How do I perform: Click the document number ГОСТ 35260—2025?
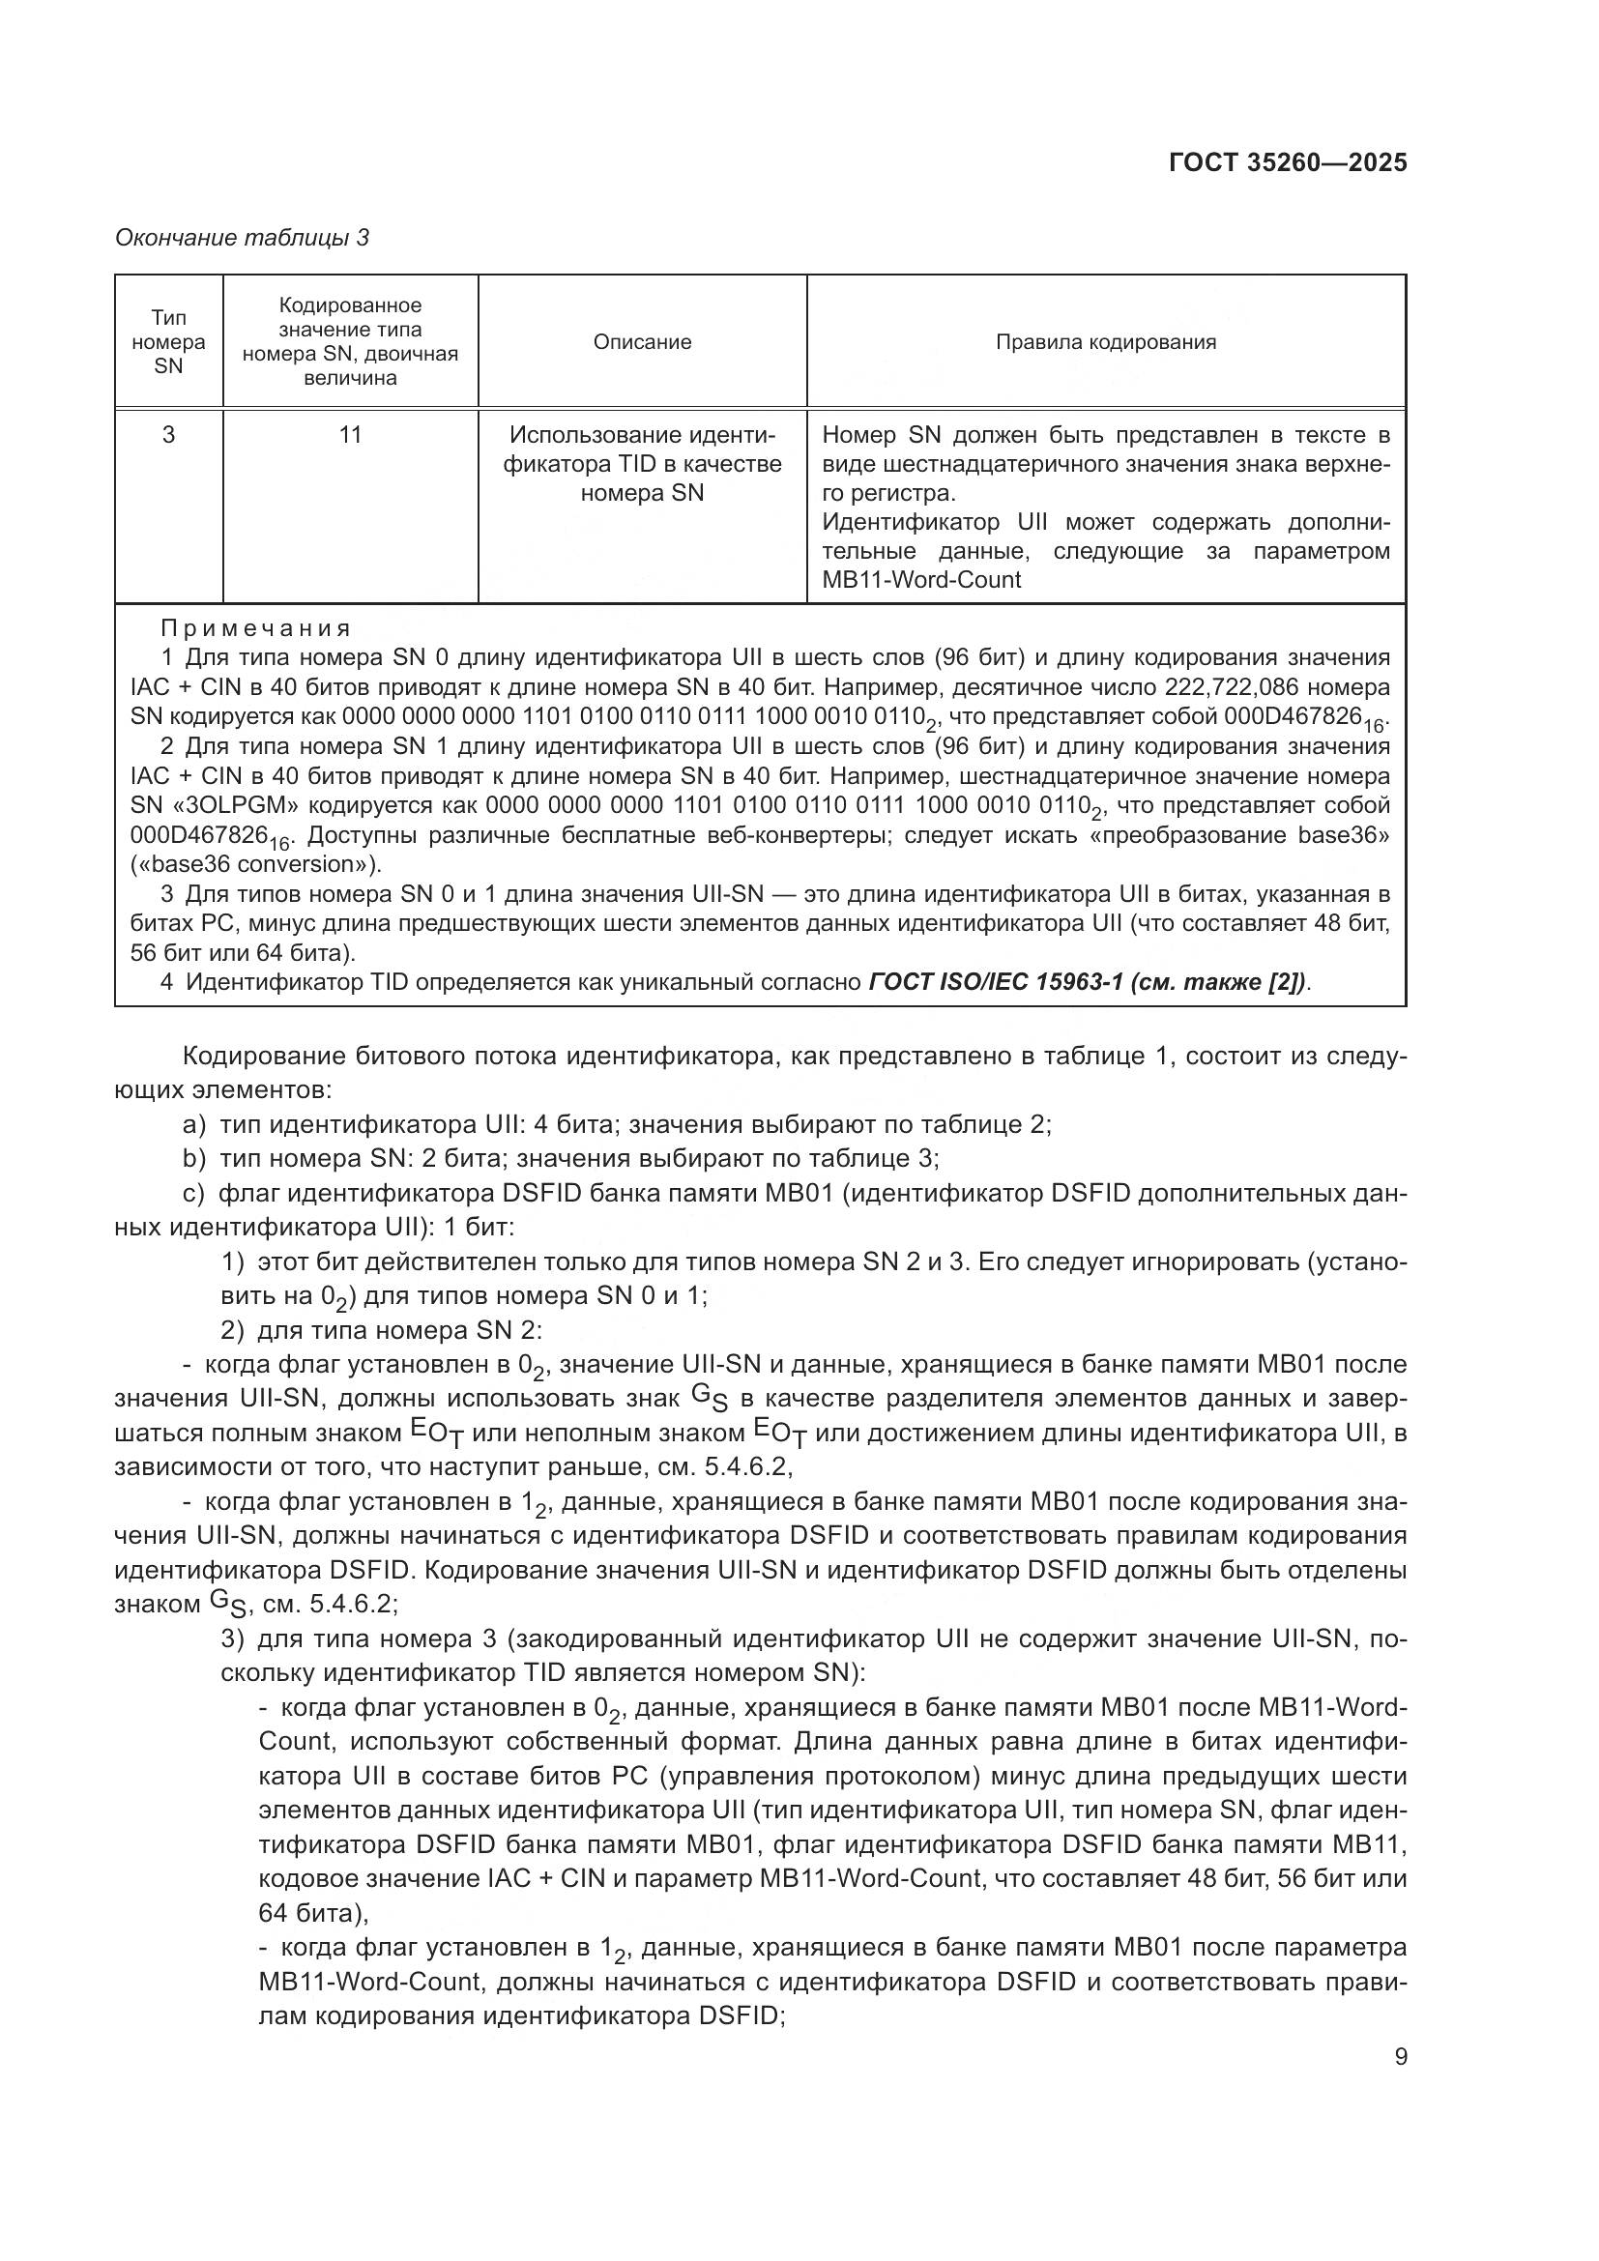(x=1287, y=162)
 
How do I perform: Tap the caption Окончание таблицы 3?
(x=243, y=238)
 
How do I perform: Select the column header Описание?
(x=642, y=341)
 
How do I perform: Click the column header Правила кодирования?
(x=1106, y=341)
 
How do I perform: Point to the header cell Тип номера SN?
(x=168, y=341)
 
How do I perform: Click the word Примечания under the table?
(x=256, y=628)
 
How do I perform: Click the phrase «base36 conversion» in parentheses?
(x=255, y=864)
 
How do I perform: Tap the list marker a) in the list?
(x=194, y=1124)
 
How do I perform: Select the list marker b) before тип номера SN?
(x=194, y=1158)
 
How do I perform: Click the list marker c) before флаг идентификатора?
(x=193, y=1194)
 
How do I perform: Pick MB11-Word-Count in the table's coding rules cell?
(x=920, y=580)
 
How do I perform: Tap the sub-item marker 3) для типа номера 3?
(x=232, y=1638)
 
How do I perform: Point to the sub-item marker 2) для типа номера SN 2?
(x=232, y=1330)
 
